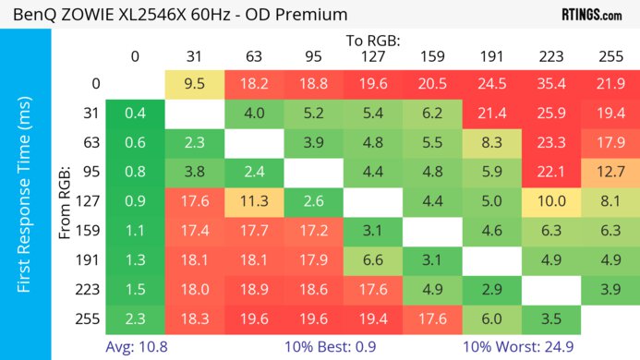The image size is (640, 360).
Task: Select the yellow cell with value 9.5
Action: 195,83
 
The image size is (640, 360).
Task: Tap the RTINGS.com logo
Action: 591,15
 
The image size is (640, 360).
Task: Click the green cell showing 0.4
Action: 136,113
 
